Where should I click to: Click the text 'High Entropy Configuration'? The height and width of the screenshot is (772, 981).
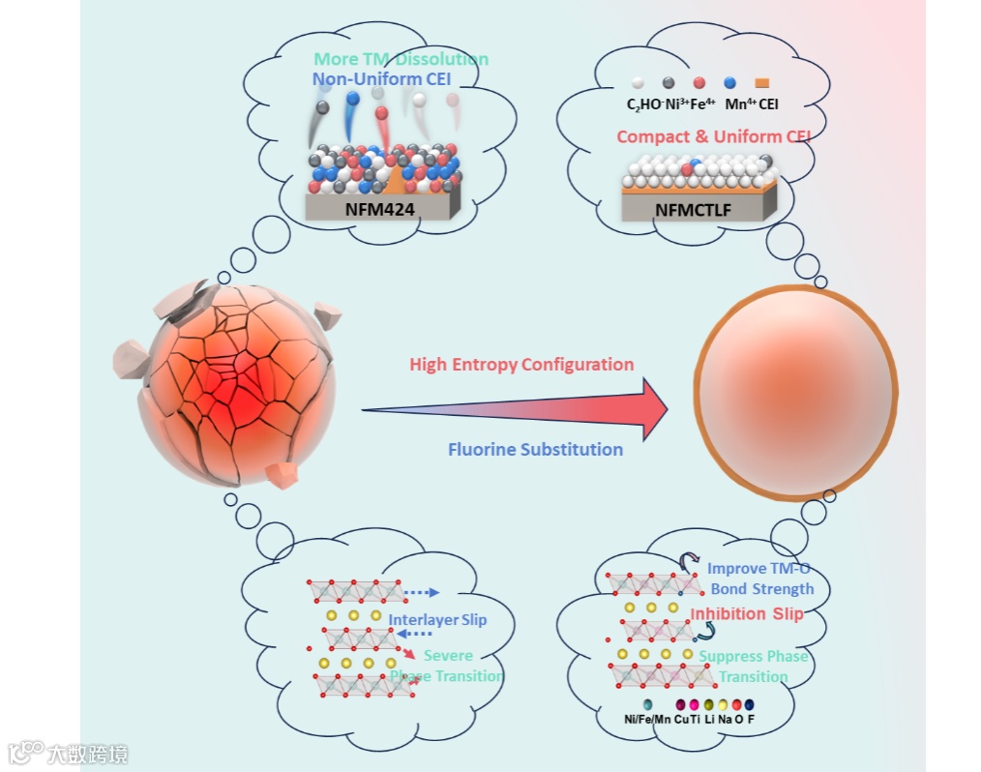[521, 365]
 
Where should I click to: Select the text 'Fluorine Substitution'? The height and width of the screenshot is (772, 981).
[535, 449]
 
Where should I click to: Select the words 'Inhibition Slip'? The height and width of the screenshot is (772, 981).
[746, 614]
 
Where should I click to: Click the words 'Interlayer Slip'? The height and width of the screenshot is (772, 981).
[437, 620]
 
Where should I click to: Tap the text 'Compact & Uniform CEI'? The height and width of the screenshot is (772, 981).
[713, 136]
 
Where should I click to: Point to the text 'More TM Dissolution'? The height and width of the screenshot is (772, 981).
[401, 60]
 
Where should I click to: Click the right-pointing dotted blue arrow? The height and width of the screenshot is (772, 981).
[421, 592]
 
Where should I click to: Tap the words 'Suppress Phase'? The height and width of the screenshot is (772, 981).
[754, 657]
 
